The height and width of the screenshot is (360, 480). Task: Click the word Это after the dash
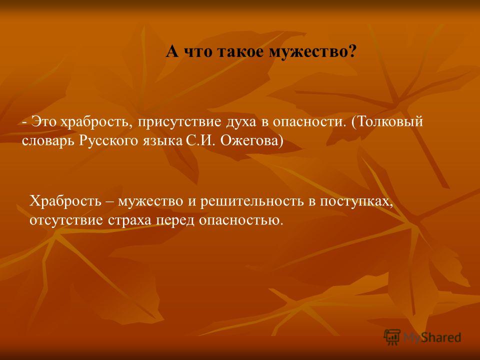(x=44, y=121)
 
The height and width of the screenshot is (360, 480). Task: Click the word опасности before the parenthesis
(x=308, y=122)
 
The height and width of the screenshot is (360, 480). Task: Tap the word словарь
(x=49, y=141)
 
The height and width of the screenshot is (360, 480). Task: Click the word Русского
(x=108, y=141)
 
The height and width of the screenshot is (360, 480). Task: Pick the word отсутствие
(x=66, y=220)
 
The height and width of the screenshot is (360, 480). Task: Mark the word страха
(x=129, y=221)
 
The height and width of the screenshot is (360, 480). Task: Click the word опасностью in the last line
(x=239, y=220)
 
